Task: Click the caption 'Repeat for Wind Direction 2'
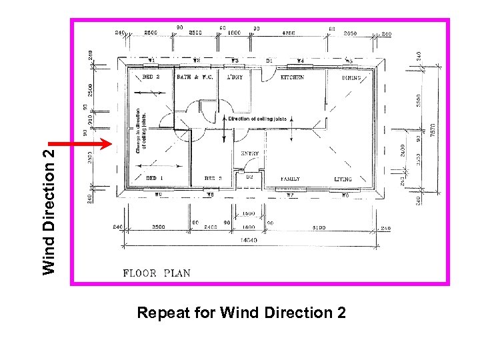click(x=241, y=312)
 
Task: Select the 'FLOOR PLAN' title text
click(x=157, y=273)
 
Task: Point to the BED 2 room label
click(x=151, y=77)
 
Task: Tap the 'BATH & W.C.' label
click(x=195, y=77)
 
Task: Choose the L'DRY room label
click(x=235, y=77)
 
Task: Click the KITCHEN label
click(x=292, y=77)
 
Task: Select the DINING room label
click(x=351, y=78)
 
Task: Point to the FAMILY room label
click(x=290, y=179)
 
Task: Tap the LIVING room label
click(x=343, y=179)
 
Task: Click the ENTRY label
click(x=250, y=153)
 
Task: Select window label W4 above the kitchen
click(x=300, y=61)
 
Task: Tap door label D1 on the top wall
click(x=269, y=61)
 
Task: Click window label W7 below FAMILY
click(x=290, y=195)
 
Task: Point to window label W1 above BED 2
click(x=151, y=61)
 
